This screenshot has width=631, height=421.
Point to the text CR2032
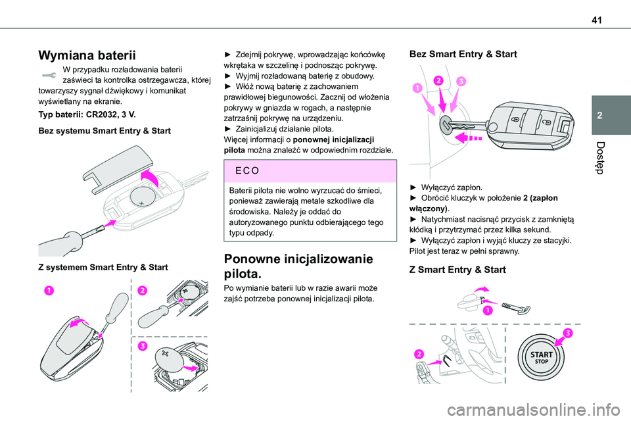tap(97, 114)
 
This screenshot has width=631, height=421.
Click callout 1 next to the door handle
tap(487, 311)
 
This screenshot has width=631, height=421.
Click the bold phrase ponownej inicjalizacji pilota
tap(299, 145)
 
